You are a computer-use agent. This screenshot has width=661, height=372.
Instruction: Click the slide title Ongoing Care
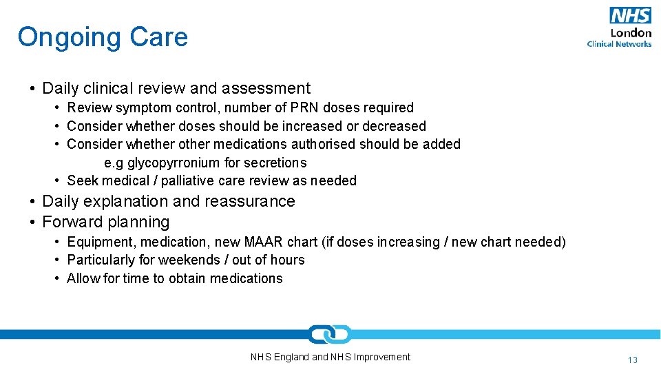(103, 37)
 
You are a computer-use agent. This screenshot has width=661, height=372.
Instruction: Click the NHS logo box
(630, 15)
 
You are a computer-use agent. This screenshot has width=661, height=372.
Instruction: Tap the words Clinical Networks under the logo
(619, 43)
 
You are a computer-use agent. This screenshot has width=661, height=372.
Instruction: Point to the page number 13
(633, 360)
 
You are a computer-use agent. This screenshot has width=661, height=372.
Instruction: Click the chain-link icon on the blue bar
(330, 334)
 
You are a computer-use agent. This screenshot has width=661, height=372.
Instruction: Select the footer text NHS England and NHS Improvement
(330, 357)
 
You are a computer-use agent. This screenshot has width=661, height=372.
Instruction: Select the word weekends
(187, 260)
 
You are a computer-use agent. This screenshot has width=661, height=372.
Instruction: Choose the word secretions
(277, 163)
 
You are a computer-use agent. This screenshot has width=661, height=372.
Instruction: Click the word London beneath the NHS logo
(631, 32)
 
